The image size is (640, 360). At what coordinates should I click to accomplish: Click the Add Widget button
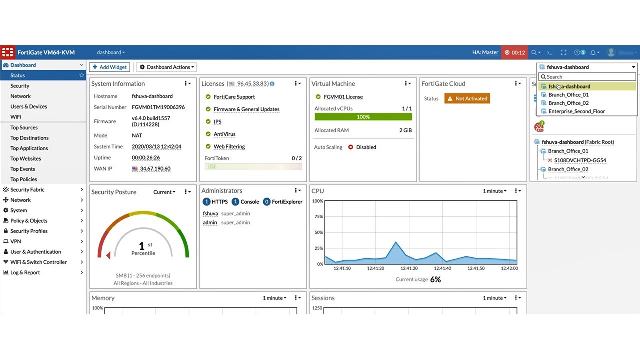coord(110,67)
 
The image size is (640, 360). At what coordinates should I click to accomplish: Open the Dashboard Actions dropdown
coord(167,67)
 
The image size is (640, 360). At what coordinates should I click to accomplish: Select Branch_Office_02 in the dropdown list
coord(568,103)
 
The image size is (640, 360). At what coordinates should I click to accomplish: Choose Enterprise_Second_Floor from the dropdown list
coord(576,112)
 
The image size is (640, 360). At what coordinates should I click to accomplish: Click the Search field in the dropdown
coord(587,77)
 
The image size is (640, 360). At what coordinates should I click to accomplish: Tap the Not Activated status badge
coord(467,99)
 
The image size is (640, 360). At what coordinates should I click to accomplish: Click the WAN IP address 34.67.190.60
coord(155,169)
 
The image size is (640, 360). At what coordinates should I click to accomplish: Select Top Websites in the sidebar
coord(26,159)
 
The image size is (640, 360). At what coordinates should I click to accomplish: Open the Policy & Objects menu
coord(29,221)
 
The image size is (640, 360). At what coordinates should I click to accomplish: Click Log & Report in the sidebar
coord(25,273)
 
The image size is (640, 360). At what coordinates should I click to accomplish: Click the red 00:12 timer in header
coord(514,52)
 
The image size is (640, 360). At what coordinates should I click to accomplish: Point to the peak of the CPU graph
coord(396,242)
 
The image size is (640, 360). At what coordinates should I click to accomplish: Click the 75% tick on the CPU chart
coord(318,217)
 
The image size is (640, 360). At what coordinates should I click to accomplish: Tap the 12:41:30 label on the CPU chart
coord(408,269)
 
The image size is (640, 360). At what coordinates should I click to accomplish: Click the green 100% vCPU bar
coord(363,117)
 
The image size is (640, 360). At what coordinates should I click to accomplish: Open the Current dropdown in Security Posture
coord(164,192)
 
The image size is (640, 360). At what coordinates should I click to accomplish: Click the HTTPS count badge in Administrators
coord(206,202)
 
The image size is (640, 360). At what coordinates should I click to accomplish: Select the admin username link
coord(210,223)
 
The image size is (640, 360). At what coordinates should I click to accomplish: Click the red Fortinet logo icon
coord(8,52)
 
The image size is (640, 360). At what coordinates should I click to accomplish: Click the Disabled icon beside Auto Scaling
coord(351,147)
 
